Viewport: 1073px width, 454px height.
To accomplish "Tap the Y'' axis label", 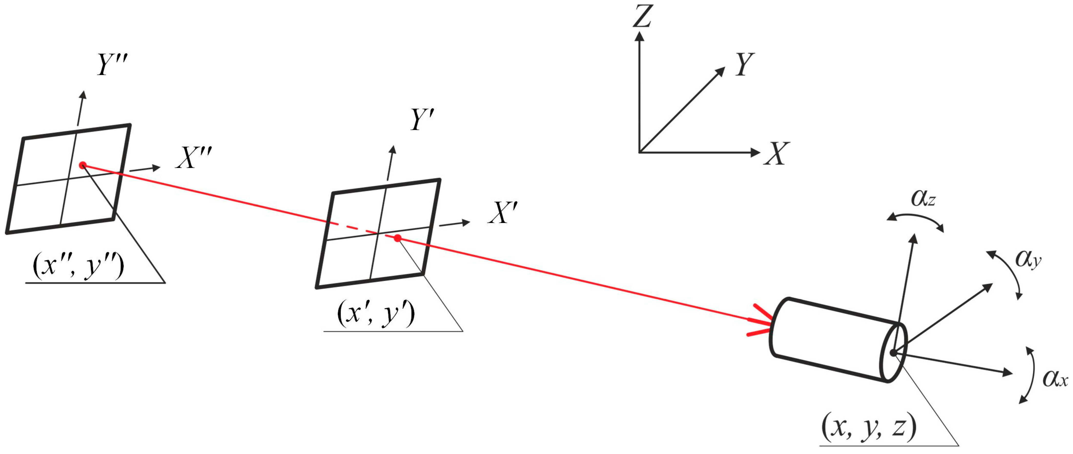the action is tap(112, 65).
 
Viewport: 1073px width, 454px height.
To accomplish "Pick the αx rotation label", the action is tap(1055, 379).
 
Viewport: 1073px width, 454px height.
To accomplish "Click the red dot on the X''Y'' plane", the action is tap(83, 166).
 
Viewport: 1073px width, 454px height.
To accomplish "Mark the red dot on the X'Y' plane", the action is tap(398, 238).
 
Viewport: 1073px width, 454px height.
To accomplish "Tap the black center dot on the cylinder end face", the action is tap(893, 353).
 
